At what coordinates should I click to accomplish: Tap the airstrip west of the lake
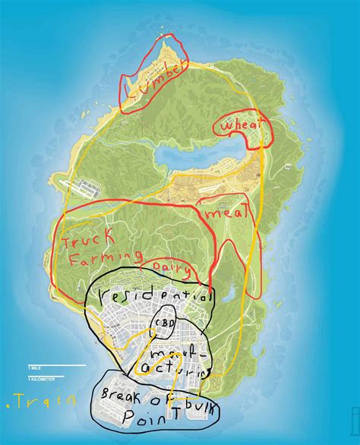[99, 184]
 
